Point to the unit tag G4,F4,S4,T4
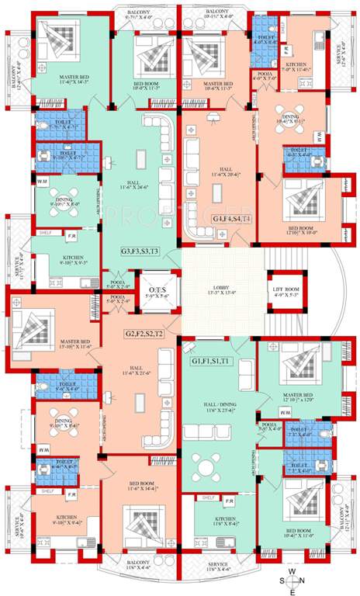click(x=231, y=219)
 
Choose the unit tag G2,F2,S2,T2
click(x=144, y=334)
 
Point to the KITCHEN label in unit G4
click(x=300, y=67)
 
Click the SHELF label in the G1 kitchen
click(x=208, y=497)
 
